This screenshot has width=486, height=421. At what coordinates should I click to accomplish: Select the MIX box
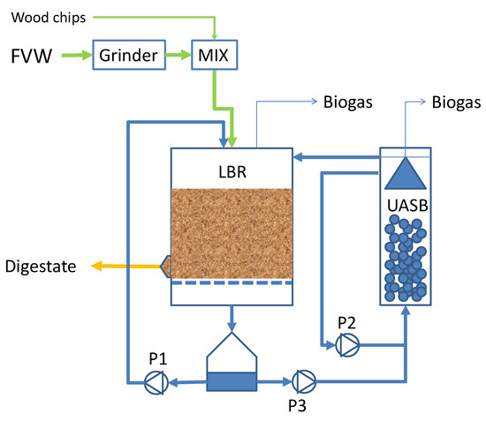pos(212,57)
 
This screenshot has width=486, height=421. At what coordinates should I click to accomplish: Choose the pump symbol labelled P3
pos(303,382)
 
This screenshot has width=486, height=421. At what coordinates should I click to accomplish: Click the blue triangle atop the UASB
pos(404,173)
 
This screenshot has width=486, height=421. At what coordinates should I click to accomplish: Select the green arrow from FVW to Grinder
pos(74,58)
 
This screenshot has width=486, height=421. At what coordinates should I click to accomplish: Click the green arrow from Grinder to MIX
pos(176,58)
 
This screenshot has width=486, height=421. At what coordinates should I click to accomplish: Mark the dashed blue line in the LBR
pos(231,283)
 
